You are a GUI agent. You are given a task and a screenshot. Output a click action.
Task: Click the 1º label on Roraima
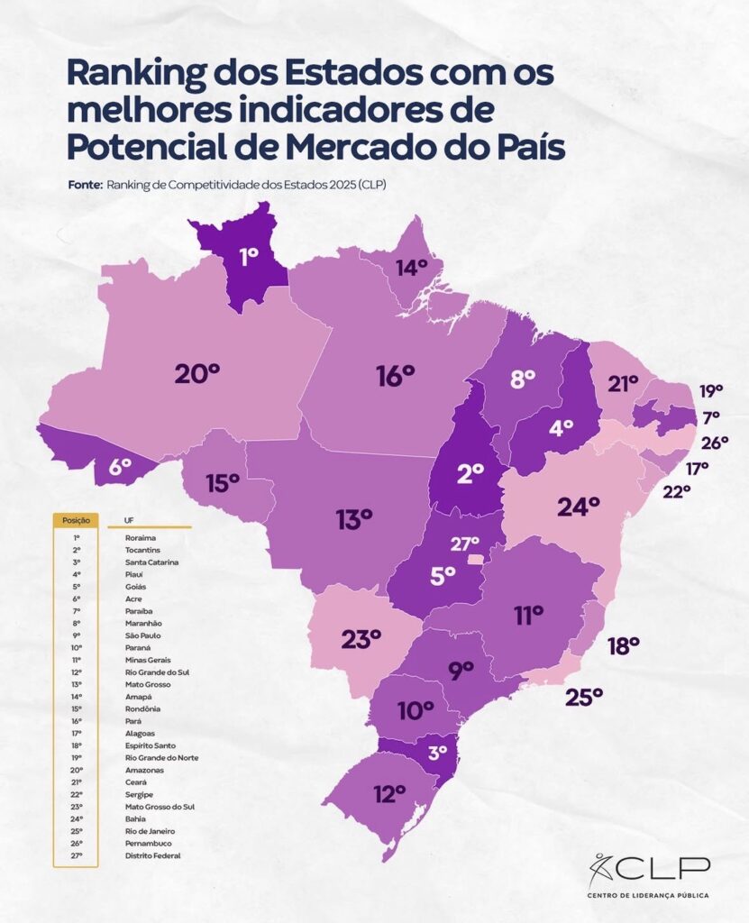point(248,255)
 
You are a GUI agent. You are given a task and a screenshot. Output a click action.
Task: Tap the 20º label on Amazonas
point(196,371)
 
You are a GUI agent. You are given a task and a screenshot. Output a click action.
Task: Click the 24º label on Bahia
point(578,507)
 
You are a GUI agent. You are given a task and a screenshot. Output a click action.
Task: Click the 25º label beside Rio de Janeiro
point(584,697)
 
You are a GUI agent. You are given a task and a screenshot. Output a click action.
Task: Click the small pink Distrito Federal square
point(472,560)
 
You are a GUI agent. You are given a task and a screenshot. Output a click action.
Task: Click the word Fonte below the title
point(85,184)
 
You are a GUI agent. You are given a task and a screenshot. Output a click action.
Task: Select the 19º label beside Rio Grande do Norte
point(711,391)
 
